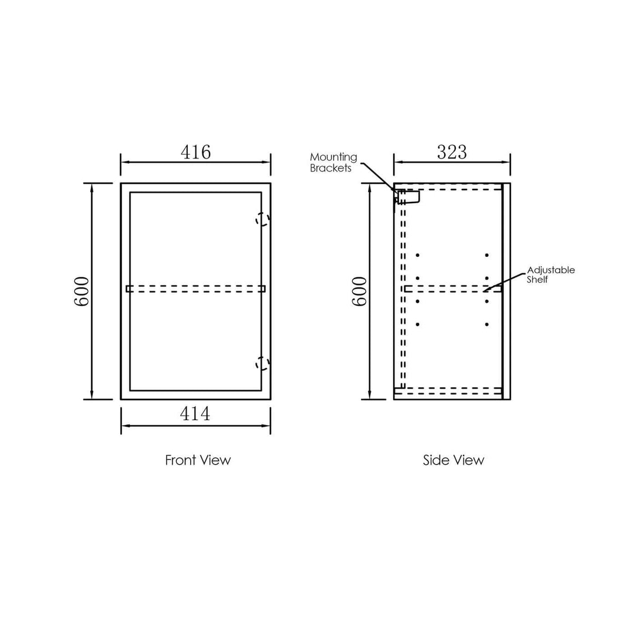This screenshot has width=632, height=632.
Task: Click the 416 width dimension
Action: click(195, 152)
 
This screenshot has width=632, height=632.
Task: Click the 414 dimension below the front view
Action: click(195, 414)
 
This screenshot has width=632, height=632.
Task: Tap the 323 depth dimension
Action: click(452, 152)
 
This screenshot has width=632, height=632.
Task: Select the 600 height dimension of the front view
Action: click(81, 291)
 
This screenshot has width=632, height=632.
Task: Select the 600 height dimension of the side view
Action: click(359, 291)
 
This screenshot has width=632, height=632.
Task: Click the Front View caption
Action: click(198, 460)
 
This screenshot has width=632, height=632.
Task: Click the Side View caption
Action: click(454, 460)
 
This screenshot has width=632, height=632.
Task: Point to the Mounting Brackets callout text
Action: click(333, 162)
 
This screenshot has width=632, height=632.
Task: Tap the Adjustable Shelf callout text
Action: click(551, 274)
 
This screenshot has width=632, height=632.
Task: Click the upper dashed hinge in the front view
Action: click(263, 219)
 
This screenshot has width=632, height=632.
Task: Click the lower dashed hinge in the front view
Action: click(263, 363)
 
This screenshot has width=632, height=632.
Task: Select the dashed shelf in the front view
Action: click(195, 288)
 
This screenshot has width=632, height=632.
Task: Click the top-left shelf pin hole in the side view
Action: click(417, 255)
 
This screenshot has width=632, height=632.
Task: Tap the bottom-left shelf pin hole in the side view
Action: click(417, 324)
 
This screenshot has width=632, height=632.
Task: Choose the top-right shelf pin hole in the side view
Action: click(486, 255)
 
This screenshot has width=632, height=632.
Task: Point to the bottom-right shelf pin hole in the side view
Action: click(486, 324)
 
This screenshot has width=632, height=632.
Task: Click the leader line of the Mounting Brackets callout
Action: click(377, 175)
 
